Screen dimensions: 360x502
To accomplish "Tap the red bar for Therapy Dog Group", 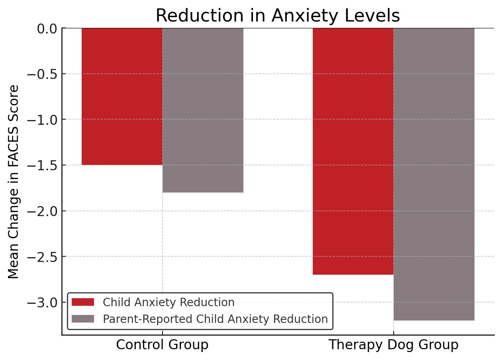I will click(x=353, y=151).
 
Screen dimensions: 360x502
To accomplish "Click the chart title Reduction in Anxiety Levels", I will click(x=278, y=16).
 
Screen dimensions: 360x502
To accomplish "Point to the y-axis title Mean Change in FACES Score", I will click(x=14, y=182).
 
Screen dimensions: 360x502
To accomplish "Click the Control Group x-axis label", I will click(x=162, y=345).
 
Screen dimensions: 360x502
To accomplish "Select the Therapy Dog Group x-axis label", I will click(x=393, y=345).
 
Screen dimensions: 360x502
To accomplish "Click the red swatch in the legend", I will click(x=83, y=302).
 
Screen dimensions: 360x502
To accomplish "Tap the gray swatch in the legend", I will click(x=83, y=319).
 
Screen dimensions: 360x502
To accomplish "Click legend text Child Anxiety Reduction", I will click(x=169, y=302).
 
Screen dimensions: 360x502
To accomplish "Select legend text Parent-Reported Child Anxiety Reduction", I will click(x=215, y=319).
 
